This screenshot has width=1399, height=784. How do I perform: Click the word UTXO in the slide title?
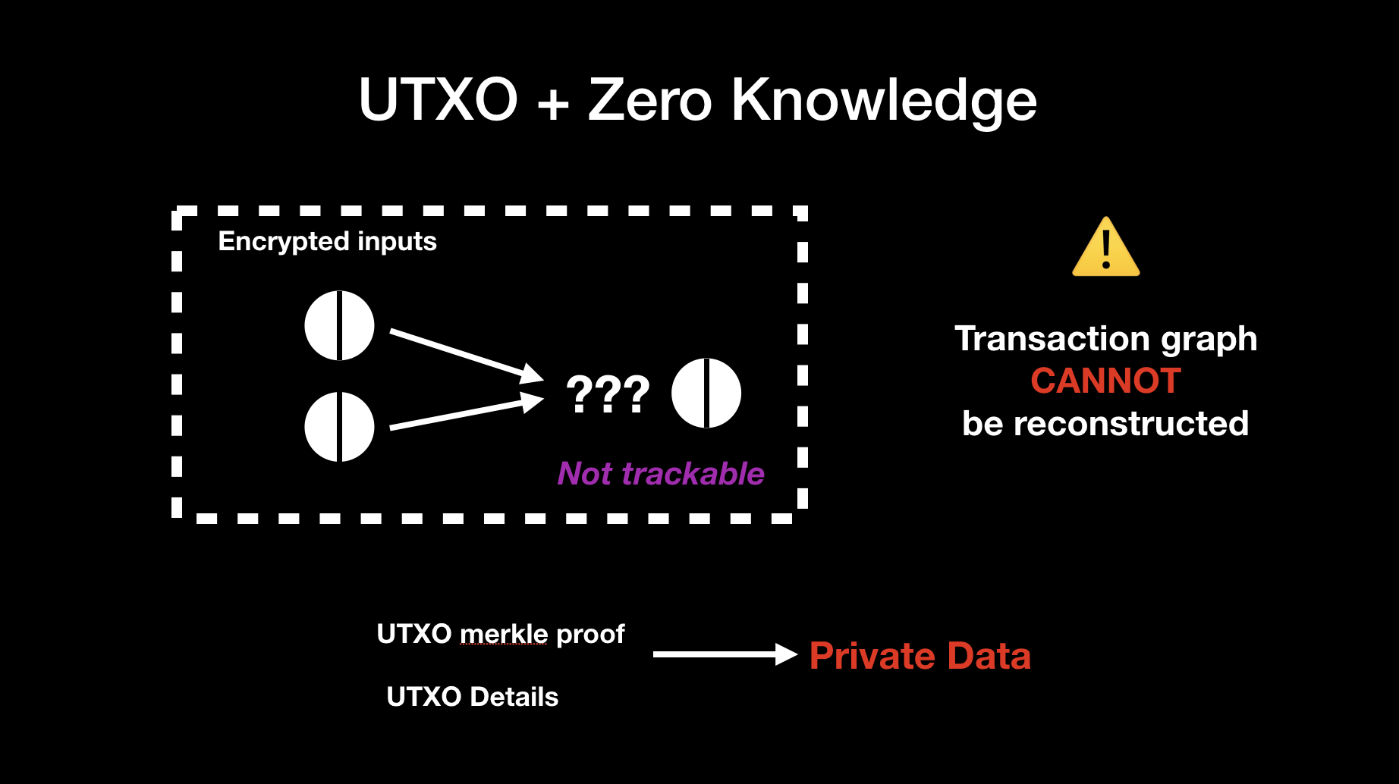tap(438, 99)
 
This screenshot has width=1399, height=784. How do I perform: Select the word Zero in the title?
tap(649, 99)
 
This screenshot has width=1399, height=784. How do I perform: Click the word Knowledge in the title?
tap(883, 101)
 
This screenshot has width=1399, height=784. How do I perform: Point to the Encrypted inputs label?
tap(327, 241)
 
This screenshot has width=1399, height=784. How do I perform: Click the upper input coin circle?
tap(339, 325)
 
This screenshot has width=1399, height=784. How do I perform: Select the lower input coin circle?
tap(339, 427)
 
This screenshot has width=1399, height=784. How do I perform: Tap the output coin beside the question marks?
tap(706, 393)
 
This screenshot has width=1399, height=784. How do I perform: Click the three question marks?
tap(608, 394)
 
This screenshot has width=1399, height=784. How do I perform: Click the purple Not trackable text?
tap(661, 473)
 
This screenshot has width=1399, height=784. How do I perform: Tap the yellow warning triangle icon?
tap(1105, 249)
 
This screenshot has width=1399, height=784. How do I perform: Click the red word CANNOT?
tap(1105, 381)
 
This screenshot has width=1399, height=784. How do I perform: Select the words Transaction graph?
tap(1105, 339)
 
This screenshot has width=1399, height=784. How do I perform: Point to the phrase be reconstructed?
tap(1105, 423)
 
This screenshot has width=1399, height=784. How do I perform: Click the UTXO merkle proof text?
tap(500, 634)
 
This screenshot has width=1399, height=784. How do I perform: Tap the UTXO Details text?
tap(472, 697)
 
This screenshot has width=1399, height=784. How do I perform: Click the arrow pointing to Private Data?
tap(724, 654)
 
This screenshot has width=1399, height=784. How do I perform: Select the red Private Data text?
tap(920, 656)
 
